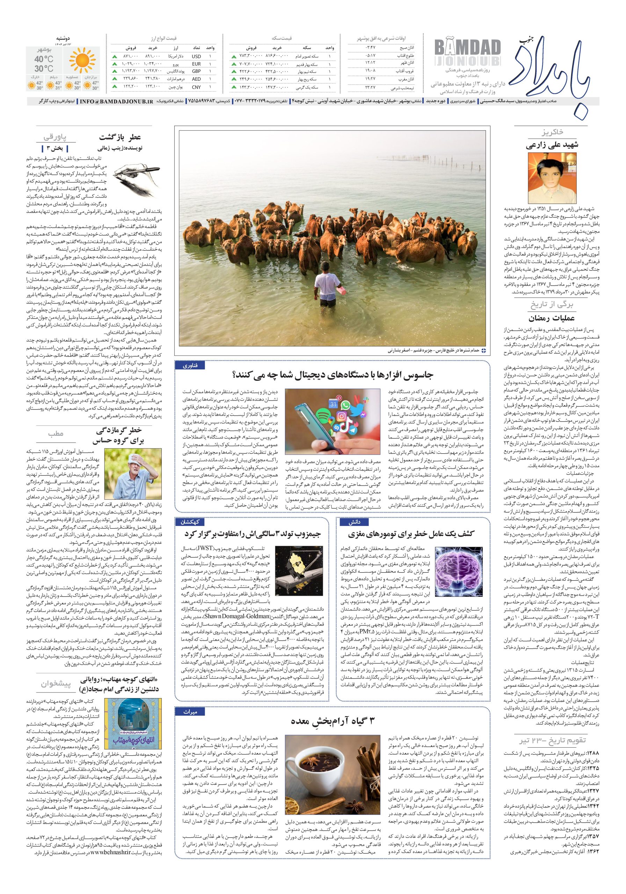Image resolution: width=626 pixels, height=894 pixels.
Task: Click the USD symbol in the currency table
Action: (x=196, y=57)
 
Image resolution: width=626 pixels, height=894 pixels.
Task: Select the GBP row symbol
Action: (x=196, y=72)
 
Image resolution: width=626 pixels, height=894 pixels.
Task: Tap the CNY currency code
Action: (x=196, y=87)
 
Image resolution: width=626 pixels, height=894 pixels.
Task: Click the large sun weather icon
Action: (x=82, y=61)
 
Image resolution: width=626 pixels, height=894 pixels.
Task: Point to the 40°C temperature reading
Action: (x=44, y=59)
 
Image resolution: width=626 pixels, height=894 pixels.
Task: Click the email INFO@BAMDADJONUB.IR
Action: (x=115, y=101)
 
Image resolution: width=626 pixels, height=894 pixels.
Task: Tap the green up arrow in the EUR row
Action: (x=115, y=64)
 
